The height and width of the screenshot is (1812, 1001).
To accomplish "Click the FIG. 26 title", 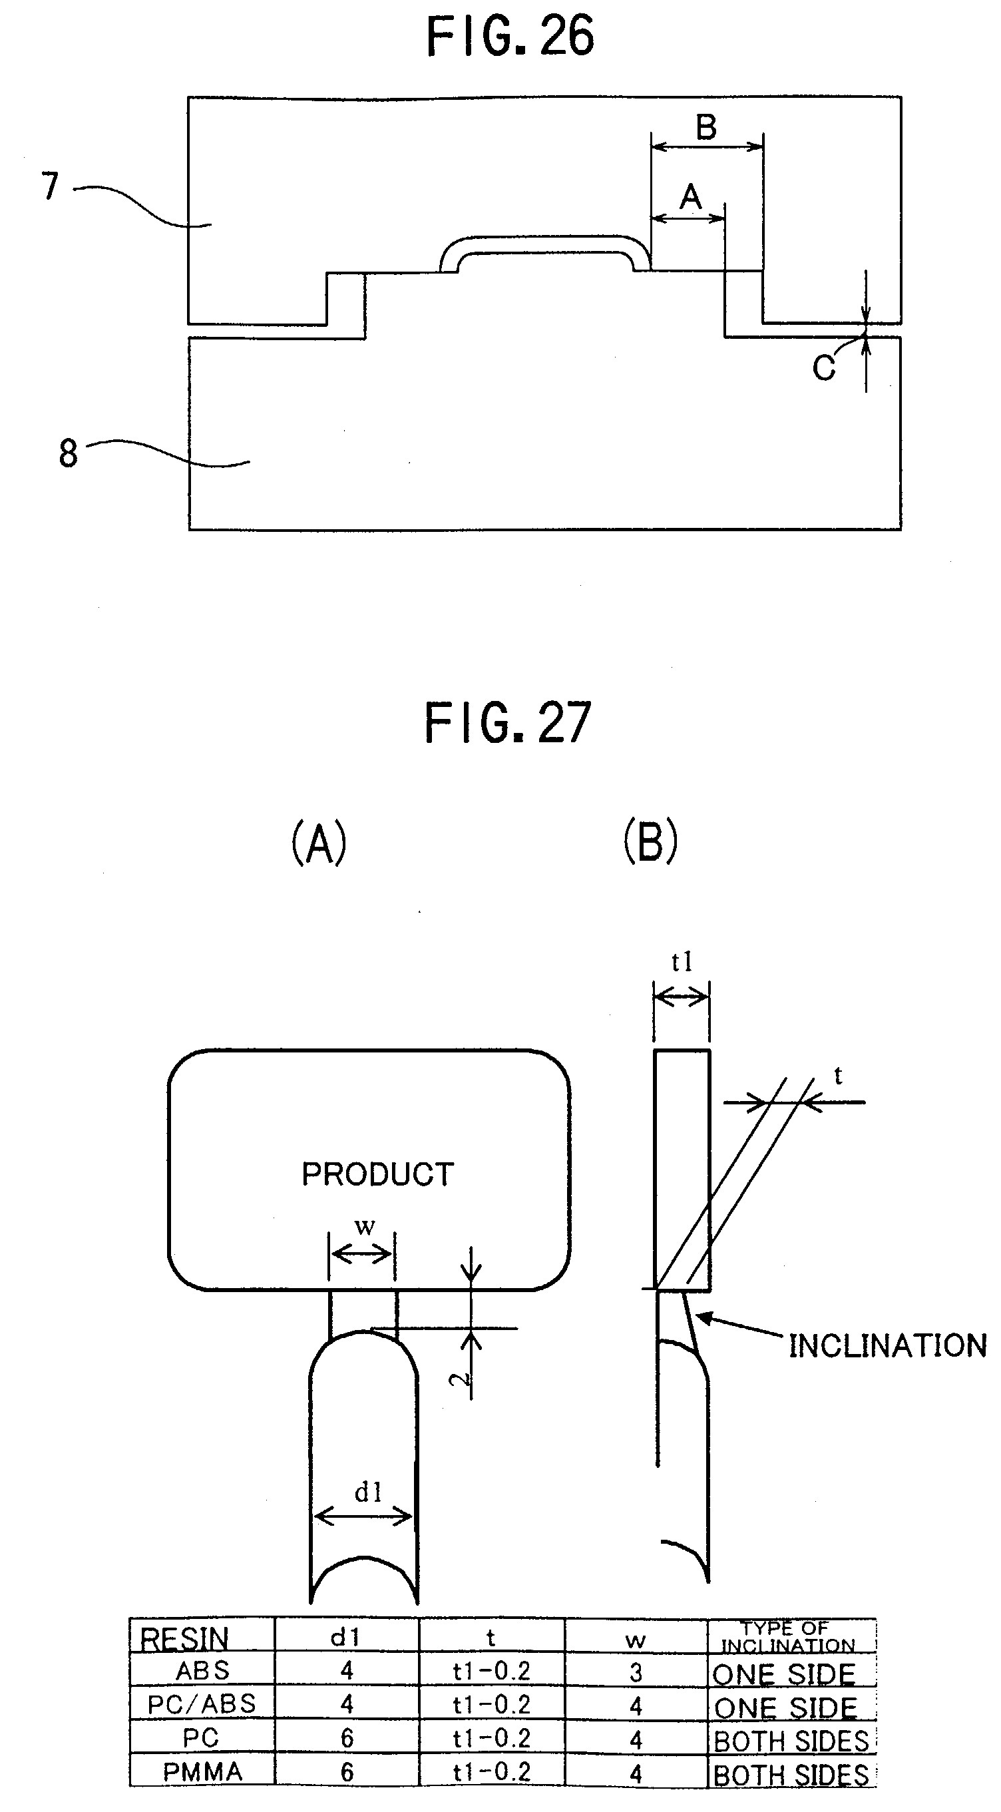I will pos(510,37).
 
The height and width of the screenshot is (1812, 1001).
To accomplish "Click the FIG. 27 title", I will pos(508,723).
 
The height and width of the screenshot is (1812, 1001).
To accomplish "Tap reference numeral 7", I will pos(50,186).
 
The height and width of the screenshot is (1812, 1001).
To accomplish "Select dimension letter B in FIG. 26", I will pos(706,127).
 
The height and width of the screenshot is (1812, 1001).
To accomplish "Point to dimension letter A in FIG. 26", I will pos(691,197).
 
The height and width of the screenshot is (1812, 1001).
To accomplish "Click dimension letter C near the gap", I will pos(824,368).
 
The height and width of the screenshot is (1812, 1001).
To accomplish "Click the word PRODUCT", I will pos(378,1174).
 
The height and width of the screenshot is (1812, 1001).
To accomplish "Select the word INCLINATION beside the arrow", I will pos(888,1345).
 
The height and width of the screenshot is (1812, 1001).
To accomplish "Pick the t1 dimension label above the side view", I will pos(682,961).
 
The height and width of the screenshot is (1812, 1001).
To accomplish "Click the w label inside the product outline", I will pos(364,1227).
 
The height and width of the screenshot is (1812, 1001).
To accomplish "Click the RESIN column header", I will pos(184,1639).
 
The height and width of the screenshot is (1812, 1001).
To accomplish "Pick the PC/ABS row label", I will pos(202,1703).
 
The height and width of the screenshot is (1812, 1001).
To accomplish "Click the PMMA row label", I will pos(202,1771).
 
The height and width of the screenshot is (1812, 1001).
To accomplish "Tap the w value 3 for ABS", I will pos(636,1672).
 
